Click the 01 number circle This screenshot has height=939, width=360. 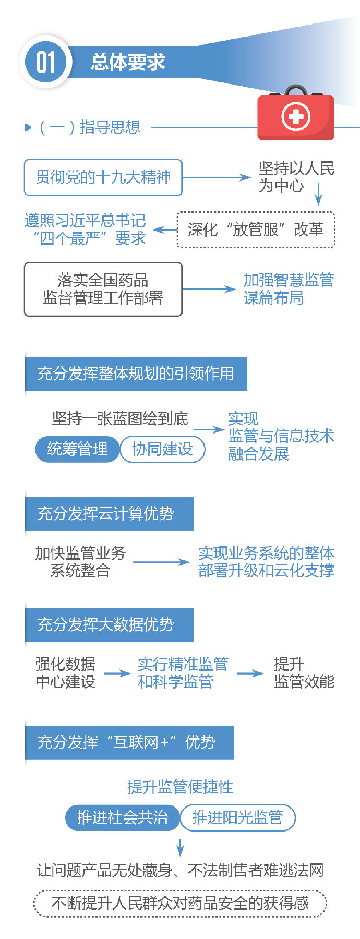point(45,63)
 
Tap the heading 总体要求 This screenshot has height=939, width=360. point(128,63)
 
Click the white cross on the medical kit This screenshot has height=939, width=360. point(296,116)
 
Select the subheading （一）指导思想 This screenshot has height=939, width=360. point(89,127)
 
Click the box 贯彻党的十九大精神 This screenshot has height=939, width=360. point(103,177)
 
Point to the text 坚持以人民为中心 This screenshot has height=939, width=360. point(296,177)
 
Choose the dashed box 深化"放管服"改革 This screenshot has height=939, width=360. point(256,230)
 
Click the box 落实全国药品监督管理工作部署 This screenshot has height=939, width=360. point(103,289)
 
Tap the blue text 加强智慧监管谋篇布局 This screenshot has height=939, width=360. point(288,289)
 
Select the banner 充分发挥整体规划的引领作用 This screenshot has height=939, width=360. point(136,374)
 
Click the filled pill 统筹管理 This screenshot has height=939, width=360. point(77,449)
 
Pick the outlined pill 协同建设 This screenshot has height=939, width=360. point(162,449)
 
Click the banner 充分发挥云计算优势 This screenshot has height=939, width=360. point(109,513)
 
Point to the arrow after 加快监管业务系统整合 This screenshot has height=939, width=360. point(161,562)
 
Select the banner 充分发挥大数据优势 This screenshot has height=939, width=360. point(109,624)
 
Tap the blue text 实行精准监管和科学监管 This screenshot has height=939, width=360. point(183,673)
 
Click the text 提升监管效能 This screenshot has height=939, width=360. point(304,673)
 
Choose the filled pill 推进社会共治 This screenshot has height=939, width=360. point(122,817)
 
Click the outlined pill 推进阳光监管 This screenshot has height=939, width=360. point(237,817)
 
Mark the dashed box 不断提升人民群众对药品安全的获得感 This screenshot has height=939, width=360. point(180,903)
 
